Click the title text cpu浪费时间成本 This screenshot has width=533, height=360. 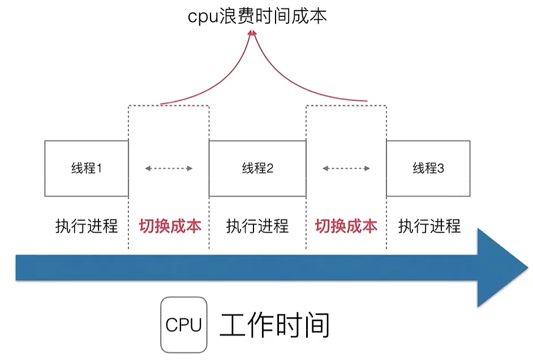257,15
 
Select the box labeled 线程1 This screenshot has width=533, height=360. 87,168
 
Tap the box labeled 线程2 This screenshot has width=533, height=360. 257,168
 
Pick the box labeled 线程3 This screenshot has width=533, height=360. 428,168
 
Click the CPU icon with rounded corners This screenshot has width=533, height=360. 183,325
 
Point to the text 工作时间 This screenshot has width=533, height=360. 274,325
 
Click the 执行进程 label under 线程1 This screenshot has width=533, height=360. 87,226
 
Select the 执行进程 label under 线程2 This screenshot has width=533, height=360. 257,226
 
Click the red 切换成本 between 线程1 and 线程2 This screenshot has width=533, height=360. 170,226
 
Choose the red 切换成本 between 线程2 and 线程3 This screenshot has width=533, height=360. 346,226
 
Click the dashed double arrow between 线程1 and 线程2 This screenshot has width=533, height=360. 169,168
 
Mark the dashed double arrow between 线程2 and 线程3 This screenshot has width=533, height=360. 346,168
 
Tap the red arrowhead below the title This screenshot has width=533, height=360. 252,35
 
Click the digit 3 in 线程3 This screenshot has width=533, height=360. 441,168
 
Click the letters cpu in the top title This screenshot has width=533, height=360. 202,16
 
